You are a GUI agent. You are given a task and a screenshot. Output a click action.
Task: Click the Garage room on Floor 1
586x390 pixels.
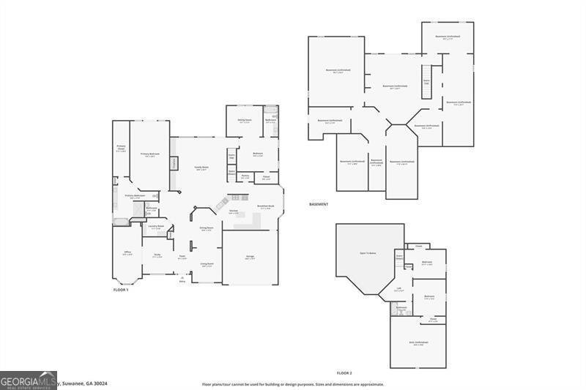250,258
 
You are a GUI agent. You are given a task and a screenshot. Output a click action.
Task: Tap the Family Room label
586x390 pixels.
201,168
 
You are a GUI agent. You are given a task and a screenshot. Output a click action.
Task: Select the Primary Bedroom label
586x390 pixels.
150,154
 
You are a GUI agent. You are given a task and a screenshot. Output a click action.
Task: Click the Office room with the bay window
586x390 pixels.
127,253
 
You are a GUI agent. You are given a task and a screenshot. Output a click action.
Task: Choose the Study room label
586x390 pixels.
157,255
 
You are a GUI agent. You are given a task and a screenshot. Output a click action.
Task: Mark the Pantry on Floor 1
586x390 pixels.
245,176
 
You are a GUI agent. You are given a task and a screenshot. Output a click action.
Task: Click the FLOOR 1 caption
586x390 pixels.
120,290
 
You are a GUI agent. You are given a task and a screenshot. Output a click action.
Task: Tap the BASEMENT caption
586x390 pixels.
319,204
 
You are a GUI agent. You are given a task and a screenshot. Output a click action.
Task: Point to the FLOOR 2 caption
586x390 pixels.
344,373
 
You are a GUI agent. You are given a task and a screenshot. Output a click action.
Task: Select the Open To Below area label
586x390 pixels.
368,252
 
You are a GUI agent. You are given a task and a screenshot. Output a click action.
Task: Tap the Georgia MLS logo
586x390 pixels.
29,380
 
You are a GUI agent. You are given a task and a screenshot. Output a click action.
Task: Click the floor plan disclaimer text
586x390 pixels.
293,384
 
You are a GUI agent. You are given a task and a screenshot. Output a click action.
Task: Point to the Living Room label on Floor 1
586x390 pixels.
207,264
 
